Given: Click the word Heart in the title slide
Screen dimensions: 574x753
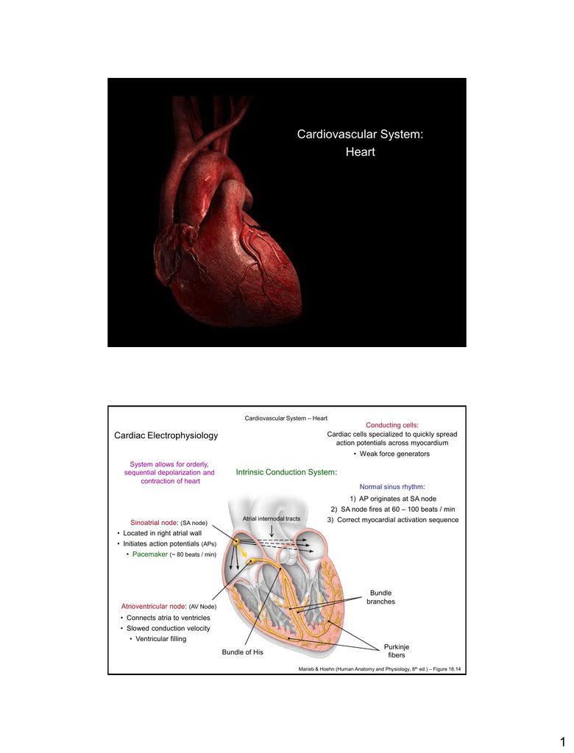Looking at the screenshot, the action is (360, 151).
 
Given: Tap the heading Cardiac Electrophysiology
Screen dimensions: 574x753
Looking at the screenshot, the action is (166, 435).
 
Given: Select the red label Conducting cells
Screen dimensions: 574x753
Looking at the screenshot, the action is (391, 425).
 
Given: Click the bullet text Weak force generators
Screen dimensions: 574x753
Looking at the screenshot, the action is (394, 454).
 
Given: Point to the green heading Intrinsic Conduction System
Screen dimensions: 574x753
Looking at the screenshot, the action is (286, 473).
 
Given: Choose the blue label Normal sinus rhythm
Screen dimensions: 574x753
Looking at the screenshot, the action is (391, 487).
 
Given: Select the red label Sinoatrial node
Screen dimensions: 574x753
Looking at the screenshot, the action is (154, 523).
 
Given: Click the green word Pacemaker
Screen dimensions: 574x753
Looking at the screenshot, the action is (150, 554).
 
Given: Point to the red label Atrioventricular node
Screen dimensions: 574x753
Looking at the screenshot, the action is (153, 607).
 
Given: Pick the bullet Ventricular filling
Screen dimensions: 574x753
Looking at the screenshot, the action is (160, 639).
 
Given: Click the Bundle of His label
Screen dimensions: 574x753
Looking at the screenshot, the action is (242, 652).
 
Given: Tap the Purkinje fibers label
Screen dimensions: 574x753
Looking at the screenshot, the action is (397, 652).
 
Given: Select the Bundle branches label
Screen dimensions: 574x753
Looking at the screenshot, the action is (380, 597).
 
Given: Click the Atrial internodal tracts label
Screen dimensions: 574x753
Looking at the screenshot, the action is (271, 518).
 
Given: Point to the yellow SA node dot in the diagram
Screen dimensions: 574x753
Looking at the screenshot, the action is (236, 542).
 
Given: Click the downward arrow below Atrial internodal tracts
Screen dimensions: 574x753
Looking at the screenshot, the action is (272, 531).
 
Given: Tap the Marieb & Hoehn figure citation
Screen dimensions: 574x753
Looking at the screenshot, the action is (379, 669).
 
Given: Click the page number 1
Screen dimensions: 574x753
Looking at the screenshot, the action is (563, 742).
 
